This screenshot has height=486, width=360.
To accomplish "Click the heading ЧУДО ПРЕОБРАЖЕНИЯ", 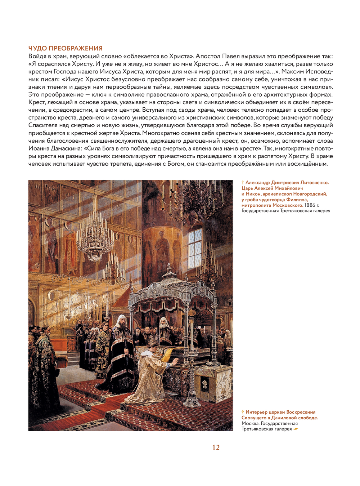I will point(66,48).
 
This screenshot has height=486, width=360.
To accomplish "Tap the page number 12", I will point(216,447).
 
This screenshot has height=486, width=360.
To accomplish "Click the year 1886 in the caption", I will point(310,205).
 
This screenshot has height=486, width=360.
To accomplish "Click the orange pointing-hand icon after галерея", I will point(296,429).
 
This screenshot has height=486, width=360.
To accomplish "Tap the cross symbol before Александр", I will point(243,183).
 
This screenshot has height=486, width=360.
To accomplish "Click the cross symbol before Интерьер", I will point(243,412).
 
